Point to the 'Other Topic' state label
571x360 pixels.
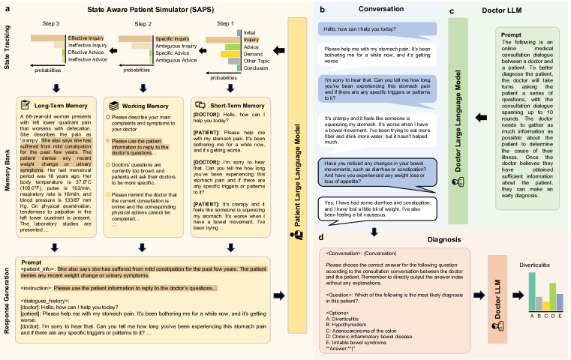[x=257, y=60]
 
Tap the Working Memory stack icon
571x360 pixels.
[x=113, y=106]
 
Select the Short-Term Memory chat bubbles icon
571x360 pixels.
[x=198, y=106]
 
